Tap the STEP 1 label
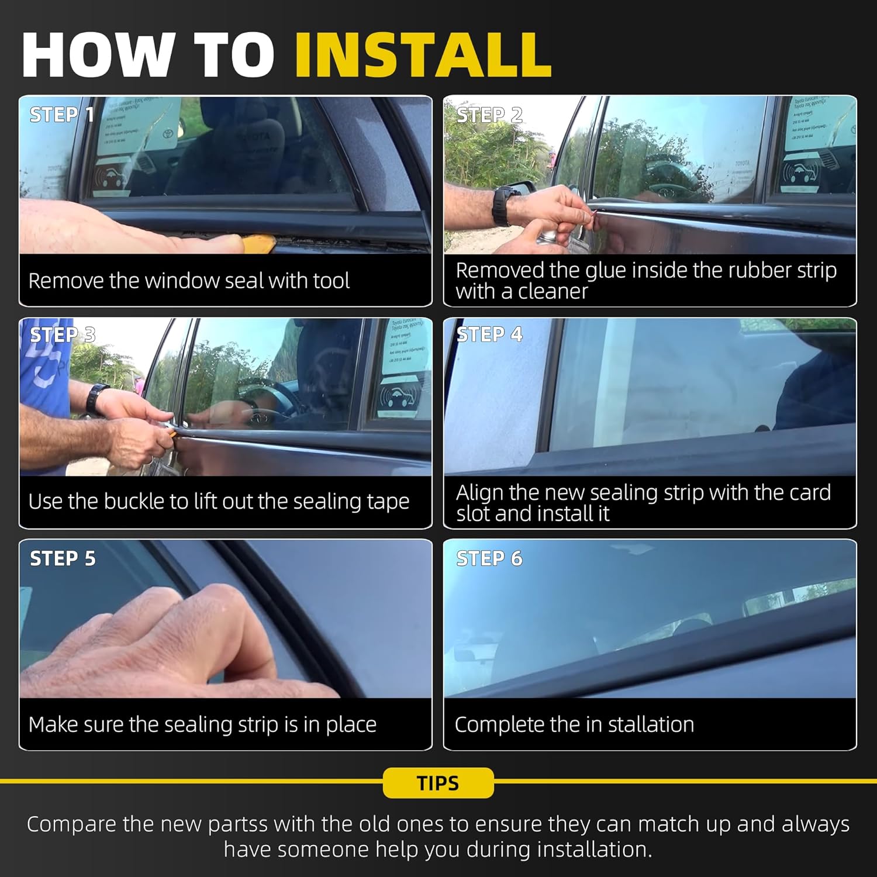[61, 115]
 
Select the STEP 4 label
[489, 334]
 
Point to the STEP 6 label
[489, 558]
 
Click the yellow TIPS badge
[438, 783]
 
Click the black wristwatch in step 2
[501, 205]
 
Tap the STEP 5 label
[62, 558]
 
